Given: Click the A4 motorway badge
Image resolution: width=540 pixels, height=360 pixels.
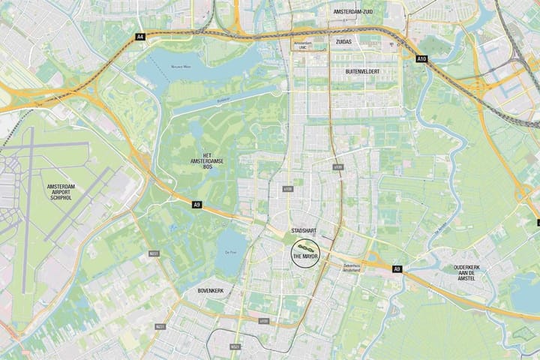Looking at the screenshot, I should pos(139,36).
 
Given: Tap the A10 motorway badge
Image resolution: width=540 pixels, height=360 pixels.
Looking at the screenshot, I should pos(421,58).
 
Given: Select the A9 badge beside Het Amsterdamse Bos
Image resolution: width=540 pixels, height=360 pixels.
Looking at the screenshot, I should pos(196,204).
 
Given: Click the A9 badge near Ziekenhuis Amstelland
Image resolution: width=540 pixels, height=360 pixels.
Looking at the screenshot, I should pos(397,268).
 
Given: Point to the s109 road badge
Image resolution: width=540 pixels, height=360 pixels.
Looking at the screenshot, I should pos(337,166).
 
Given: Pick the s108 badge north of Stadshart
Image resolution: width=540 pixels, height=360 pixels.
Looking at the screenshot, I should pos(287,189).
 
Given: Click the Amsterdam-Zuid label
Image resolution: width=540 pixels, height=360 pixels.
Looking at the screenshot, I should pos(358,13).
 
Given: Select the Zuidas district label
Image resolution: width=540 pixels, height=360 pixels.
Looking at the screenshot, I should pos(343,43).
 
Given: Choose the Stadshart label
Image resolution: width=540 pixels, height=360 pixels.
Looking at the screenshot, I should pos(305,229).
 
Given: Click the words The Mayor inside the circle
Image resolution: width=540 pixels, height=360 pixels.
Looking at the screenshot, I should pos(305,256).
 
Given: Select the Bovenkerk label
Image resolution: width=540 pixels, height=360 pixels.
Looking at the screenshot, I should pos(211,289).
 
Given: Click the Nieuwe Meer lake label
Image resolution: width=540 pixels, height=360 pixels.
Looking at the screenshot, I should pos(182,67).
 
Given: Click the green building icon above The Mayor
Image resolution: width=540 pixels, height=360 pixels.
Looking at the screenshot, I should pos(305,246).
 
